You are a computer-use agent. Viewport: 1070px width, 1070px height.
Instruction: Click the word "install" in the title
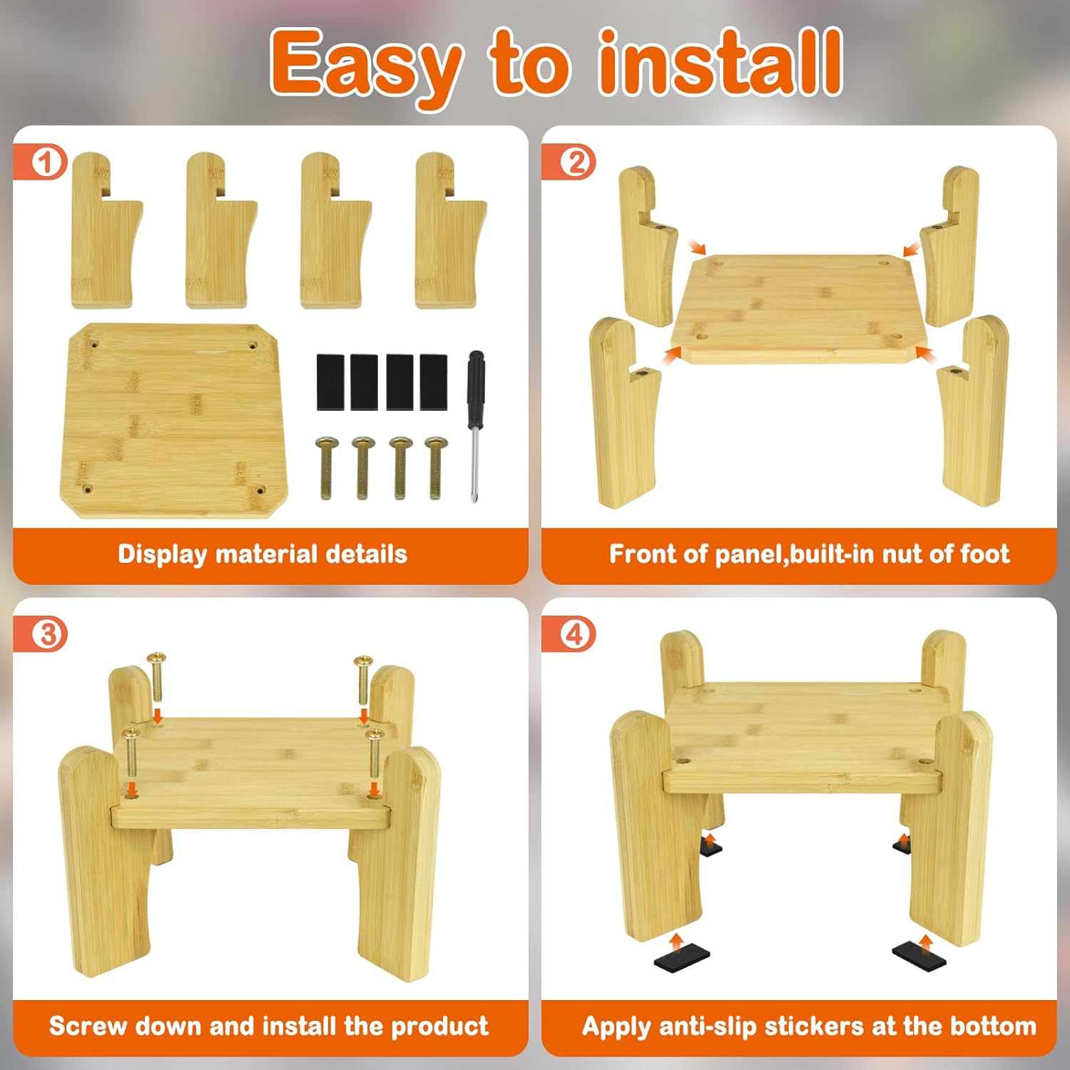pyautogui.click(x=720, y=63)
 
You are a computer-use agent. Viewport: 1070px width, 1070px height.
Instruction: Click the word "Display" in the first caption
pyautogui.click(x=162, y=554)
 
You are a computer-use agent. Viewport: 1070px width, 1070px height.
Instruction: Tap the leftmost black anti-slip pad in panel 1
pyautogui.click(x=331, y=382)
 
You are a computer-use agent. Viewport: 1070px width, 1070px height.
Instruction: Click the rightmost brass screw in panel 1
pyautogui.click(x=436, y=468)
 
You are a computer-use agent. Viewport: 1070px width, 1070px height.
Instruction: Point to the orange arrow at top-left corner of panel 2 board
pyautogui.click(x=696, y=247)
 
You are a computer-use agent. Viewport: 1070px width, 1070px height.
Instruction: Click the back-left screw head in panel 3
pyautogui.click(x=156, y=657)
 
